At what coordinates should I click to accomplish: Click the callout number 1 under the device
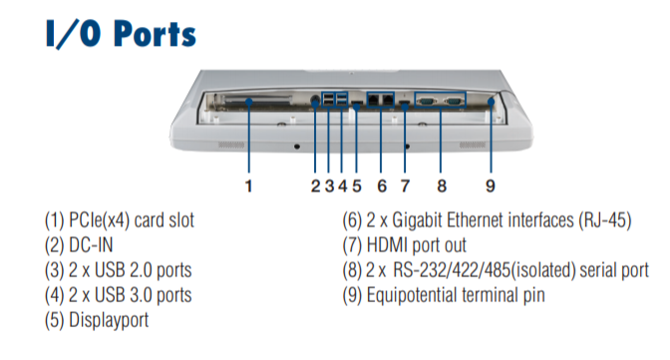(x=248, y=186)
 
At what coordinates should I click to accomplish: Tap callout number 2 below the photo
(x=315, y=186)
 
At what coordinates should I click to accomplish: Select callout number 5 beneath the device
(x=357, y=186)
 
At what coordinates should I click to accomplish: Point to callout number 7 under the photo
(x=405, y=186)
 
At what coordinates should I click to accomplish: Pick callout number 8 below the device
(x=442, y=186)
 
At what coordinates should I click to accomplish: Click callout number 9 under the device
(x=491, y=186)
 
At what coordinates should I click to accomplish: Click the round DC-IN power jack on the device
(x=315, y=100)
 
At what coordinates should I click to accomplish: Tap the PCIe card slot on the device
(x=257, y=101)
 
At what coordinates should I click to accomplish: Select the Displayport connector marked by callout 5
(x=357, y=104)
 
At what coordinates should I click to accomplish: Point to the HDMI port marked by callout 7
(x=404, y=103)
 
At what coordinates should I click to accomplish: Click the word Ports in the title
(x=156, y=34)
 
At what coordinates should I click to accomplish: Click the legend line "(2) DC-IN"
(x=79, y=245)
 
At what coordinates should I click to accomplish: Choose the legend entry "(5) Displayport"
(x=97, y=320)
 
